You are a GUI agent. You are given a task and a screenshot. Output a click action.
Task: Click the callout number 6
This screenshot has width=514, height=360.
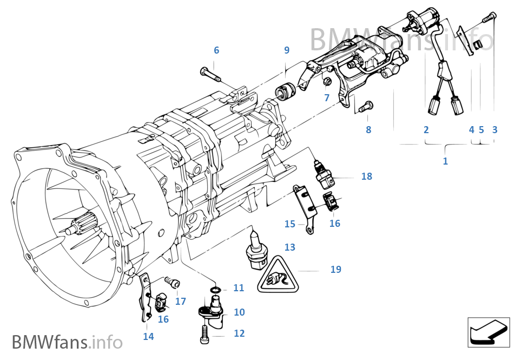[216, 50]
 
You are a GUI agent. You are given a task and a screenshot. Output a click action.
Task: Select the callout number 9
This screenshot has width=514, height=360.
[287, 50]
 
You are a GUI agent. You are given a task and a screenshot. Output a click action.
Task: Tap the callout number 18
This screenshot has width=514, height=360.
[367, 176]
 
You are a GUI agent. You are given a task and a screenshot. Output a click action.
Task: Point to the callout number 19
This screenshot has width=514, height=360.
[335, 269]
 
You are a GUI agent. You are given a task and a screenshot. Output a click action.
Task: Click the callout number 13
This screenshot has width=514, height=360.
[290, 247]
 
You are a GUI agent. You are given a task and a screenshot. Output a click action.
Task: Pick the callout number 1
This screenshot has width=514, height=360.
[445, 161]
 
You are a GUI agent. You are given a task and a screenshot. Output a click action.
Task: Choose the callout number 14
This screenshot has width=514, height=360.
[148, 336]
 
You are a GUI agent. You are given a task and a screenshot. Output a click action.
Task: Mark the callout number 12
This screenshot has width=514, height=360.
[239, 333]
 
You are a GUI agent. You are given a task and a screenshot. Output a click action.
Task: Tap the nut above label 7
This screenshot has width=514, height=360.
[327, 82]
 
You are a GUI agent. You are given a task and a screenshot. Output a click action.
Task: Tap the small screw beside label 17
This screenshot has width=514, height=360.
[172, 282]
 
